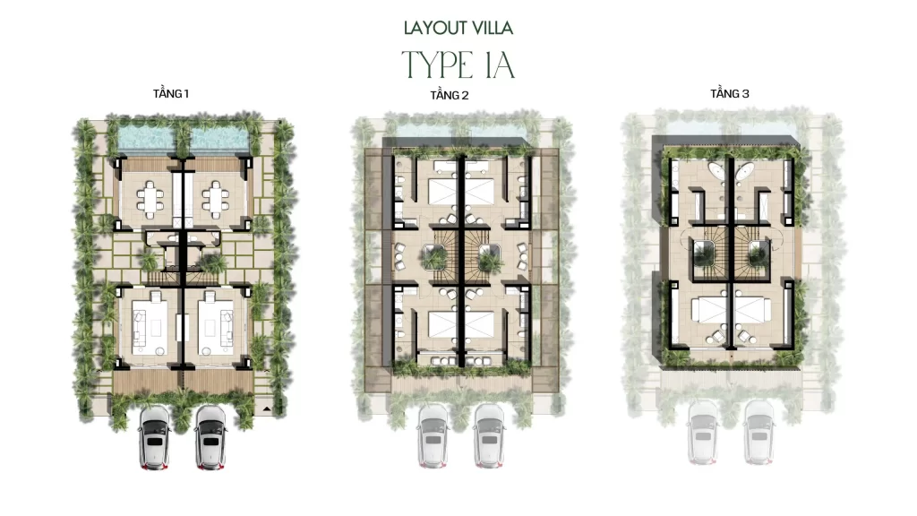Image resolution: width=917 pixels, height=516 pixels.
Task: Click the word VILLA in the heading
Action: pos(493,28)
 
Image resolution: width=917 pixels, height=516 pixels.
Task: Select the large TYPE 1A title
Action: pos(458,64)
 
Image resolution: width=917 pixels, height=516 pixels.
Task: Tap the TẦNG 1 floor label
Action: pos(171,93)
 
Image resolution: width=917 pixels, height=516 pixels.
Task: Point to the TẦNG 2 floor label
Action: pos(450,95)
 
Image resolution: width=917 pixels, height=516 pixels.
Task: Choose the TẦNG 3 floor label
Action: pos(729,93)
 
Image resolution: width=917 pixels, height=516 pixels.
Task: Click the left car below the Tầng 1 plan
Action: pos(154,438)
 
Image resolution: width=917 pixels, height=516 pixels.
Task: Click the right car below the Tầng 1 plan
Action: pos(211,438)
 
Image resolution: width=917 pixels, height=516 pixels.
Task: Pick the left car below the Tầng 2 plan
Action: pos(433,436)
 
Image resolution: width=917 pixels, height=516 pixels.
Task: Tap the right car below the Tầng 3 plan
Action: pos(758,433)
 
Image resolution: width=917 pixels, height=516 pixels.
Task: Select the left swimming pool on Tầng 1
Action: pos(146,138)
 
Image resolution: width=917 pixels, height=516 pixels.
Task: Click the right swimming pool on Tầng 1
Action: pos(219,138)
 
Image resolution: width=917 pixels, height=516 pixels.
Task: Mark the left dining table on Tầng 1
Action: pos(150,200)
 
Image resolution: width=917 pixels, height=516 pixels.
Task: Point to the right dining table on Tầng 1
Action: pos(216,200)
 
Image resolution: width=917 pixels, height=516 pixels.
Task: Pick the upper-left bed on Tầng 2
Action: pos(443,191)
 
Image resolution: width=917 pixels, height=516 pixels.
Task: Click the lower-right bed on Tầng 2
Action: pos(480,324)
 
